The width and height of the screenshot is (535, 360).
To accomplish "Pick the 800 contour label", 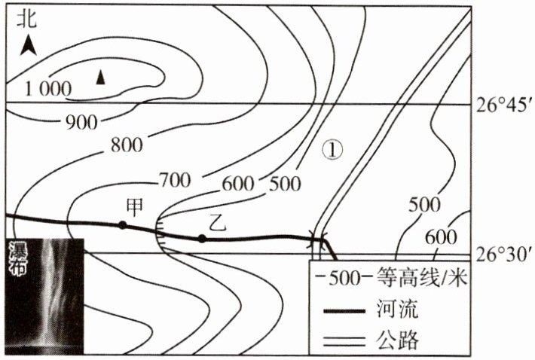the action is tap(127, 145).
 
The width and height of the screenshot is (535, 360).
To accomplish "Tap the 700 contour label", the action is tap(174, 180).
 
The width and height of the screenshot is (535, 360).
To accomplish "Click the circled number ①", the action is tap(332, 149).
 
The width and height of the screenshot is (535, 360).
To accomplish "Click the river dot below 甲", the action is tap(122, 224).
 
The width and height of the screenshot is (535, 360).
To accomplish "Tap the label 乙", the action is tap(217, 221).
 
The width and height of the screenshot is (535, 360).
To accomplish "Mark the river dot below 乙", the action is tap(202, 239).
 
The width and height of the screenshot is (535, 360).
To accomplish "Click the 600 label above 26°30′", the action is tap(441, 236).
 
